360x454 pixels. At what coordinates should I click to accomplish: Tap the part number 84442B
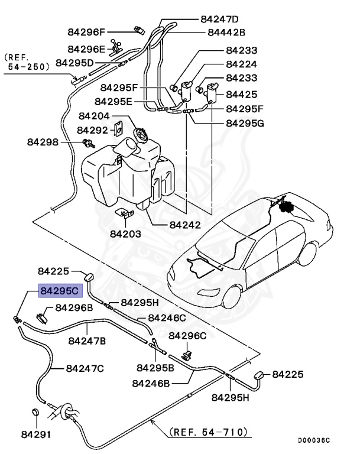[x=226, y=33]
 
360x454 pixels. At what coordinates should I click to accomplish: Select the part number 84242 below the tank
[x=185, y=225]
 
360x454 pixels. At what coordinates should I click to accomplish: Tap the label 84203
[x=125, y=234]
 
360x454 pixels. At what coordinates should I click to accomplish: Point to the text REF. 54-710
[x=209, y=432]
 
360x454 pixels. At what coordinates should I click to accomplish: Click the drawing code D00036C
[x=314, y=440]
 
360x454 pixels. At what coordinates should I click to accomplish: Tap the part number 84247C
[x=85, y=368]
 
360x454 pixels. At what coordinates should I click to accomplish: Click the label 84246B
[x=151, y=383]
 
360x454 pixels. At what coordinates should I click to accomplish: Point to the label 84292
[x=92, y=129]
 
